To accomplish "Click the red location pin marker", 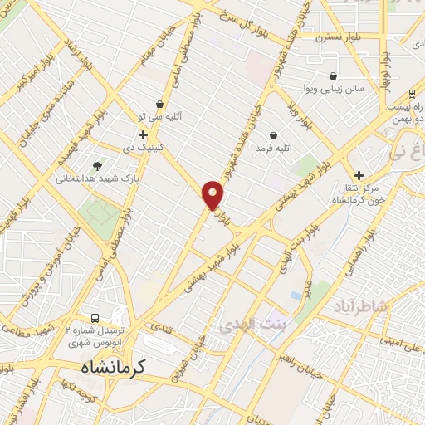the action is [x=213, y=195].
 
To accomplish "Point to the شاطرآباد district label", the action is [x=364, y=308].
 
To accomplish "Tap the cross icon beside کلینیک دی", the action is [x=143, y=134].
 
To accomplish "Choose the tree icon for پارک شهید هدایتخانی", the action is [x=98, y=166].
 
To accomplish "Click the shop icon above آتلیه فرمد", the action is [x=274, y=135].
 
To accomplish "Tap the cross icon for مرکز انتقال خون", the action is [x=359, y=175].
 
